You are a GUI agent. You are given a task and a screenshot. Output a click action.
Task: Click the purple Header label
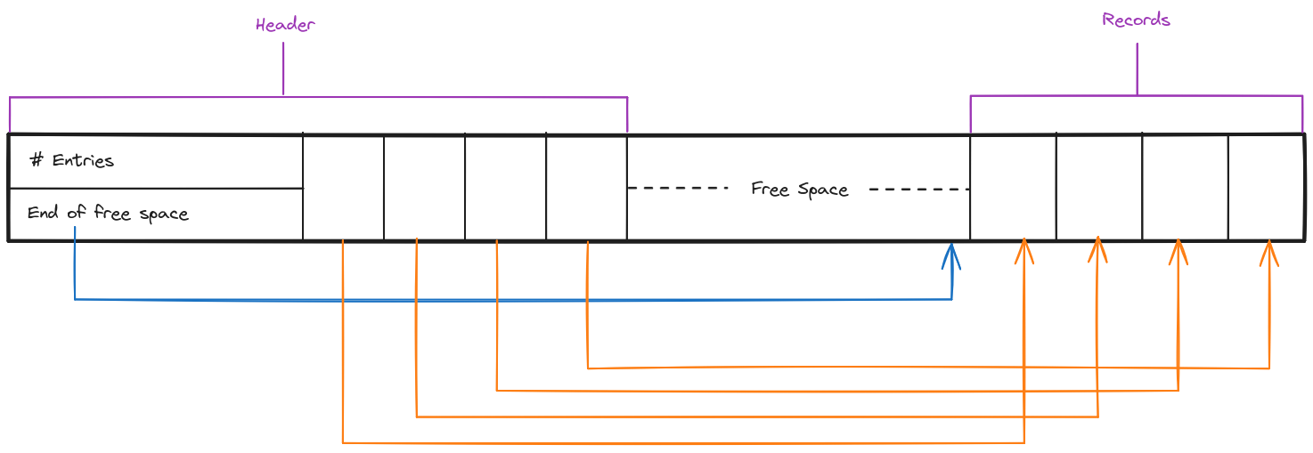[285, 25]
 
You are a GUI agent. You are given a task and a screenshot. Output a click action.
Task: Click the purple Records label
[1136, 20]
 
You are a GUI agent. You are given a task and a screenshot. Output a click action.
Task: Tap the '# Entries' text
[71, 161]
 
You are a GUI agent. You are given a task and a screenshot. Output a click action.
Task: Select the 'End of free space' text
[108, 214]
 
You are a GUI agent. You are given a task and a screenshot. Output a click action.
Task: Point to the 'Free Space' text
[799, 190]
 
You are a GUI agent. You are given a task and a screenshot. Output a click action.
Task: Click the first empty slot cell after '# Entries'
[343, 187]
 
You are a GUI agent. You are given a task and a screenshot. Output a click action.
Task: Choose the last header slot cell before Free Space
[586, 187]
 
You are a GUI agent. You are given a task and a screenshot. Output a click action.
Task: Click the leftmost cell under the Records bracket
[1013, 187]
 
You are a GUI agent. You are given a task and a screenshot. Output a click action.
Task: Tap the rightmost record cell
[1266, 187]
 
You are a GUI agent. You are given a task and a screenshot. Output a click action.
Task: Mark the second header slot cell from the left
[424, 187]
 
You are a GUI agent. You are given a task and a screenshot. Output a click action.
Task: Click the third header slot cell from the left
[505, 187]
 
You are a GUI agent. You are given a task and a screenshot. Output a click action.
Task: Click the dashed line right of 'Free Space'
[917, 189]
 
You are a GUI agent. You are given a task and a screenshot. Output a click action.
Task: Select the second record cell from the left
[1098, 187]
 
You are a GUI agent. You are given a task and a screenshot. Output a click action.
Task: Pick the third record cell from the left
[1185, 187]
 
